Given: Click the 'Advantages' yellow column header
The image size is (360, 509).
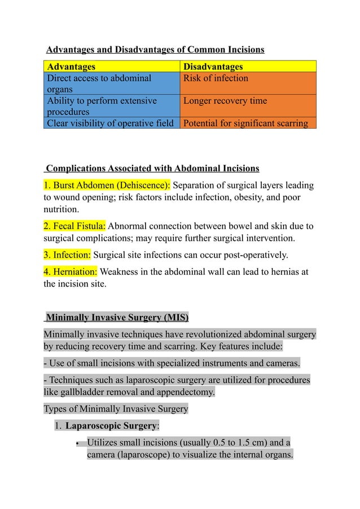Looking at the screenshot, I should [71, 67].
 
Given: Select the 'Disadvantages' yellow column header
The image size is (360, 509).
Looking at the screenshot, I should [213, 67].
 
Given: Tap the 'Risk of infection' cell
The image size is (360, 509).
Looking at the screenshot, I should [216, 78].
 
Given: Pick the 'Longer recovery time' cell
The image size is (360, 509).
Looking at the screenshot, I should [225, 100].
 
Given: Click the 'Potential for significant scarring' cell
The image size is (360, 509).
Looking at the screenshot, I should [246, 123].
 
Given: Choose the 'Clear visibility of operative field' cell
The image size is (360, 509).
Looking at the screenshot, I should [110, 123].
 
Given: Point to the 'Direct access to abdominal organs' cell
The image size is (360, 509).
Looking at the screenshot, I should [99, 84].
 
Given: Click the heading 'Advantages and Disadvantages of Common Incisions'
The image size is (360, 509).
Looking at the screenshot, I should [155, 50].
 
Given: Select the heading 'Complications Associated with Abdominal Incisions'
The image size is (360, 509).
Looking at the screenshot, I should [152, 168].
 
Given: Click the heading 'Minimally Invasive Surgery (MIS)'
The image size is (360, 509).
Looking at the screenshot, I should [117, 317].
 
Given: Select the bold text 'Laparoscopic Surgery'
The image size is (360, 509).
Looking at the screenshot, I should [112, 426].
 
